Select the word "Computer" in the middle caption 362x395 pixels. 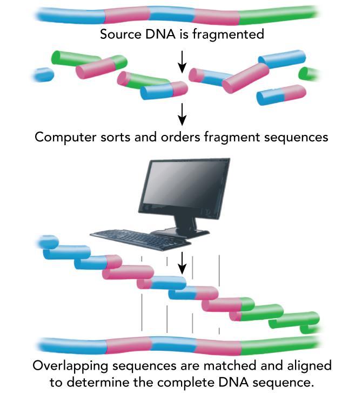(61, 137)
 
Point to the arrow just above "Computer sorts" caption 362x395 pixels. (182, 112)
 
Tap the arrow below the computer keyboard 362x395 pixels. (182, 262)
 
